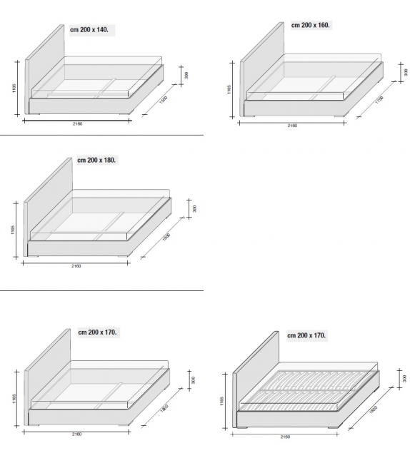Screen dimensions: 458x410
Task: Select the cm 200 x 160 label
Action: click(x=311, y=24)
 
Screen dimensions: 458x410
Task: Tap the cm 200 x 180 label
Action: click(x=96, y=160)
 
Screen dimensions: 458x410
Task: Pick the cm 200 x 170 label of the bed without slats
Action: click(x=98, y=332)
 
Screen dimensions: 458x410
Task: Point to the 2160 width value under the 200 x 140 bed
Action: click(x=77, y=124)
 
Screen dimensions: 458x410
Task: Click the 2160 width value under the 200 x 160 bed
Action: click(x=292, y=126)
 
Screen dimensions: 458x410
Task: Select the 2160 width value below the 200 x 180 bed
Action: click(x=76, y=266)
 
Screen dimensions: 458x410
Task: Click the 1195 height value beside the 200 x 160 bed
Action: click(x=229, y=89)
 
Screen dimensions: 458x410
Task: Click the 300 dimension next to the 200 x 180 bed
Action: click(x=194, y=209)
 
